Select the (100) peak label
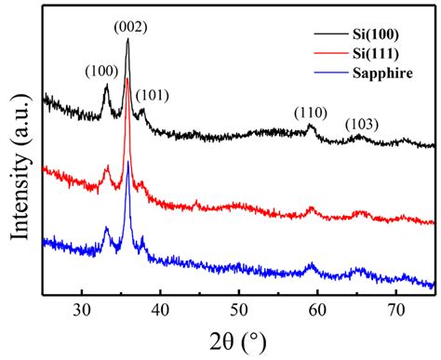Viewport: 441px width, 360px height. click(x=101, y=71)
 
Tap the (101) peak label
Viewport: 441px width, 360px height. click(x=153, y=94)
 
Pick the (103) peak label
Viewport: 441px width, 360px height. click(x=362, y=125)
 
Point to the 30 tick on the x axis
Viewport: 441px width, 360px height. click(x=83, y=310)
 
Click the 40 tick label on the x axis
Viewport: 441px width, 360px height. click(x=161, y=310)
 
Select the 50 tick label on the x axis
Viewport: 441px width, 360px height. click(x=239, y=310)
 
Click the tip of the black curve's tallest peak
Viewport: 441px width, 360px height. click(x=127, y=40)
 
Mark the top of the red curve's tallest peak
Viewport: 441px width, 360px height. click(x=127, y=80)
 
